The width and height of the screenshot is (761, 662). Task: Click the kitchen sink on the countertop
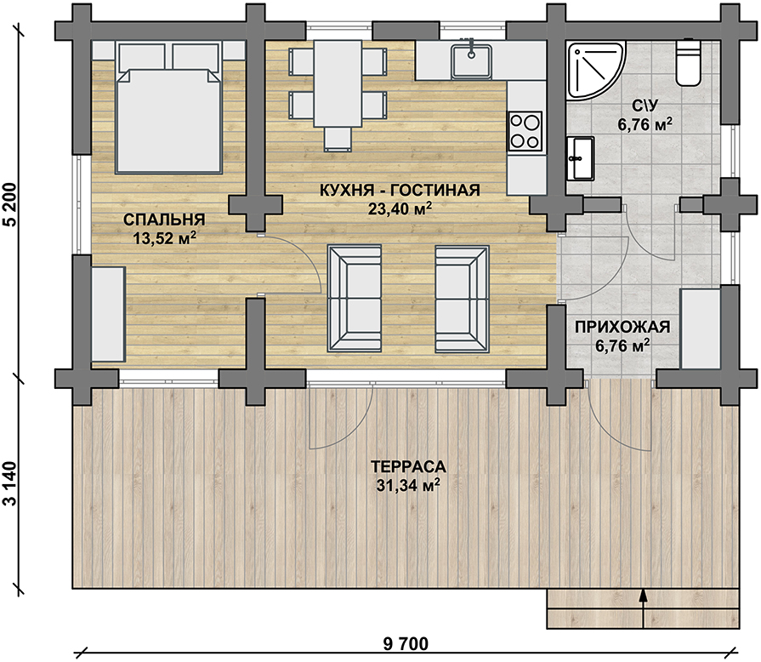[471, 60]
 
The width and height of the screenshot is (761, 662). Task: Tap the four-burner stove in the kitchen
[525, 131]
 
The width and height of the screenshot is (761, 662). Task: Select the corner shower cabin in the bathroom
[594, 71]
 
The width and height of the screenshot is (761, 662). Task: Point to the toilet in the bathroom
[689, 62]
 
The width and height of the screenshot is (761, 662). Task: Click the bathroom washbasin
[580, 158]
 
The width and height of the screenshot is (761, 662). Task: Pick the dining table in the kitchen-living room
[338, 83]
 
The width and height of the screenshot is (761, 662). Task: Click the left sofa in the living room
[355, 298]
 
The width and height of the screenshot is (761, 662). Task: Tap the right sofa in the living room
[462, 298]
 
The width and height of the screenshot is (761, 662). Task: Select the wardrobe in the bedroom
[109, 314]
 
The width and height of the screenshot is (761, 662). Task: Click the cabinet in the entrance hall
[701, 328]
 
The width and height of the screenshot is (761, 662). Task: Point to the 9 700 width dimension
[406, 644]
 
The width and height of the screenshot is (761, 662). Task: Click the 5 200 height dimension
[10, 205]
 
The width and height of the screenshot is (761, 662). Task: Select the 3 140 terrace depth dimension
[10, 484]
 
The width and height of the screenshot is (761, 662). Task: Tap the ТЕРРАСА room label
[408, 466]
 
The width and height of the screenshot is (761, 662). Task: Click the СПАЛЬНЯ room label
[164, 220]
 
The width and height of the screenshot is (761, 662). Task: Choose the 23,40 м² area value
[400, 208]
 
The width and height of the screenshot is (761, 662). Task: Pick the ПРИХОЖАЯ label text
[622, 327]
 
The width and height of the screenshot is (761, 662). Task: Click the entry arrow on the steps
[644, 609]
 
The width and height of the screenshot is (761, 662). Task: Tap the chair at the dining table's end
[338, 140]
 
